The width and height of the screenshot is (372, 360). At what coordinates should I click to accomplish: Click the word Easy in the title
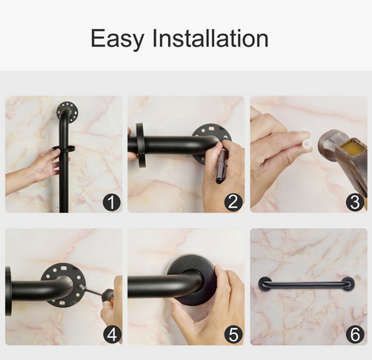(x=117, y=39)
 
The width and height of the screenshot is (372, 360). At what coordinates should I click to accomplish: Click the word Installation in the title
(x=210, y=38)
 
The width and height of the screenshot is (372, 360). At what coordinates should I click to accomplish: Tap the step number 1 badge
(x=112, y=202)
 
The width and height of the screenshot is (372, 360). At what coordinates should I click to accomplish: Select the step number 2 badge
(x=233, y=202)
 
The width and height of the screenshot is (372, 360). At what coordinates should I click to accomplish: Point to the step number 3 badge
(x=355, y=202)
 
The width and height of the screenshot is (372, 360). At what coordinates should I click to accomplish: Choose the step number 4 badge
(x=113, y=335)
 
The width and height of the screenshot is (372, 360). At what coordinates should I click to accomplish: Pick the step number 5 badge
(x=233, y=335)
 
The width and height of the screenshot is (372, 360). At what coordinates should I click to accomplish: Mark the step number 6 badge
(x=355, y=335)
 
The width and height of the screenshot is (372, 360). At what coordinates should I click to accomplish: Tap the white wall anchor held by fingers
(x=307, y=144)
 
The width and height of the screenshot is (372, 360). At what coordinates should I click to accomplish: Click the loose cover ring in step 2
(x=140, y=145)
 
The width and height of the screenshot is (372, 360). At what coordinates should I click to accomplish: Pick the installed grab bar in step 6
(x=306, y=284)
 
